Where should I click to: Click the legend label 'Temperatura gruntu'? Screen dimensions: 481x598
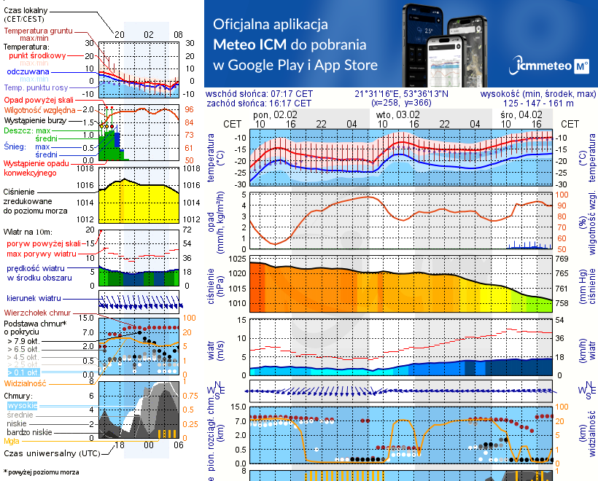pyautogui.click(x=37, y=32)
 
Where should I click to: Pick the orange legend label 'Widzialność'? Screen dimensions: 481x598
pyautogui.click(x=26, y=383)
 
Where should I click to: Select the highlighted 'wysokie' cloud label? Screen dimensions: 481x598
pyautogui.click(x=22, y=404)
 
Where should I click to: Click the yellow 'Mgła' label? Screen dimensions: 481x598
pyautogui.click(x=11, y=441)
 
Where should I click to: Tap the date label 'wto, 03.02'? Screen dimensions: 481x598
pyautogui.click(x=397, y=115)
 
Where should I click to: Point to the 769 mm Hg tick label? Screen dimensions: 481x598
pyautogui.click(x=562, y=259)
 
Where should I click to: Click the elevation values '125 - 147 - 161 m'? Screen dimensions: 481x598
pyautogui.click(x=538, y=103)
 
